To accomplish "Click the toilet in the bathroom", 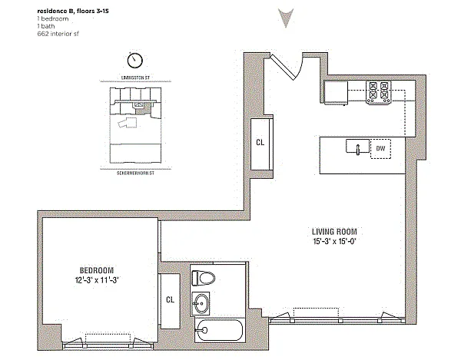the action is click(203, 278).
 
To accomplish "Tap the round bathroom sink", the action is click(201, 304).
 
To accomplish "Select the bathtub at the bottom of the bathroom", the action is click(219, 330).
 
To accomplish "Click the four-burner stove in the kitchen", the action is click(378, 92).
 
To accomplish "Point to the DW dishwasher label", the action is click(380, 148).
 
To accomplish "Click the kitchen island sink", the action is click(357, 147).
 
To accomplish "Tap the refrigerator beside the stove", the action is click(336, 92).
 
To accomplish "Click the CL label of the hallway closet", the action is click(260, 143).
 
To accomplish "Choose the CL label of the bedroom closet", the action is click(170, 299).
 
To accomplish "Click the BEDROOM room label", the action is click(97, 270).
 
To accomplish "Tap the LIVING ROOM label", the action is click(334, 232).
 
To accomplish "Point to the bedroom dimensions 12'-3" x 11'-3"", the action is click(97, 280).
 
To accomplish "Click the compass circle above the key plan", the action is click(135, 60).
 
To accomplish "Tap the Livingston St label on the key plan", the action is click(135, 78).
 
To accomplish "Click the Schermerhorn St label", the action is click(135, 173).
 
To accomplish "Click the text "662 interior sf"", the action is click(58, 34).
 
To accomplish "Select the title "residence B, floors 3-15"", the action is click(73, 12).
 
